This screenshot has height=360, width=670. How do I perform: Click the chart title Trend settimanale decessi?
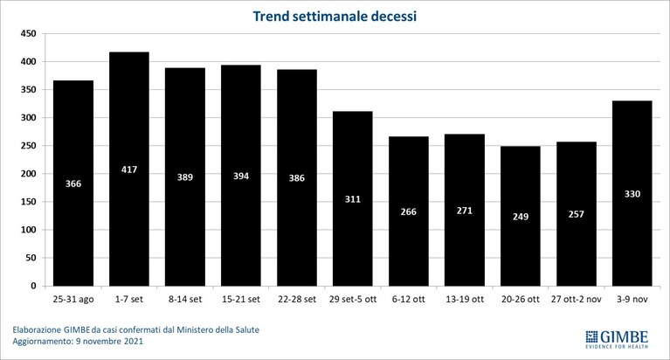pos(335,17)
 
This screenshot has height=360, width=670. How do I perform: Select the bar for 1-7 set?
pos(129,169)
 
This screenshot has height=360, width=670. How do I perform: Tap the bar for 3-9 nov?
pos(632,193)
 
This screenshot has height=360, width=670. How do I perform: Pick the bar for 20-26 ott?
pos(520,216)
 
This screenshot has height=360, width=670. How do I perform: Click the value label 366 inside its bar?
pos(73,183)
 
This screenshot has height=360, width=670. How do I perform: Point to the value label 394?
pos(241,177)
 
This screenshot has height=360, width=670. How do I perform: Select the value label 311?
pos(353,199)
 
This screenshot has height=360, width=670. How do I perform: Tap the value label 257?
pos(576,214)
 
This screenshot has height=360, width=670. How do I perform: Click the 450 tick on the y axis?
pos(29,33)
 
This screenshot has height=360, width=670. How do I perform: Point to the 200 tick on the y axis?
pos(29,174)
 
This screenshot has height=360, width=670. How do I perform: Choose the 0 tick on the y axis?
pos(34,286)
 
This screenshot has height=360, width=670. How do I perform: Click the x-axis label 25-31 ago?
pos(73,300)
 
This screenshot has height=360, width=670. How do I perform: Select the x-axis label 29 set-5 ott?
pos(353,300)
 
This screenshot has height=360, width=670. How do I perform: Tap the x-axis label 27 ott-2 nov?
pos(576,300)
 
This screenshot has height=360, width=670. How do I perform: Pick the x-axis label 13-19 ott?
pos(465,300)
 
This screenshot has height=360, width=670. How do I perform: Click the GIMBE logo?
pos(617,340)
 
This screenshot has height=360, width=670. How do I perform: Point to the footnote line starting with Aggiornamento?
pos(78,341)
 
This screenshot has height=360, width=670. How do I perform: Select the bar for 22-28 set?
pos(297,178)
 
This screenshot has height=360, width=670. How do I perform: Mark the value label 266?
pos(409,211)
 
